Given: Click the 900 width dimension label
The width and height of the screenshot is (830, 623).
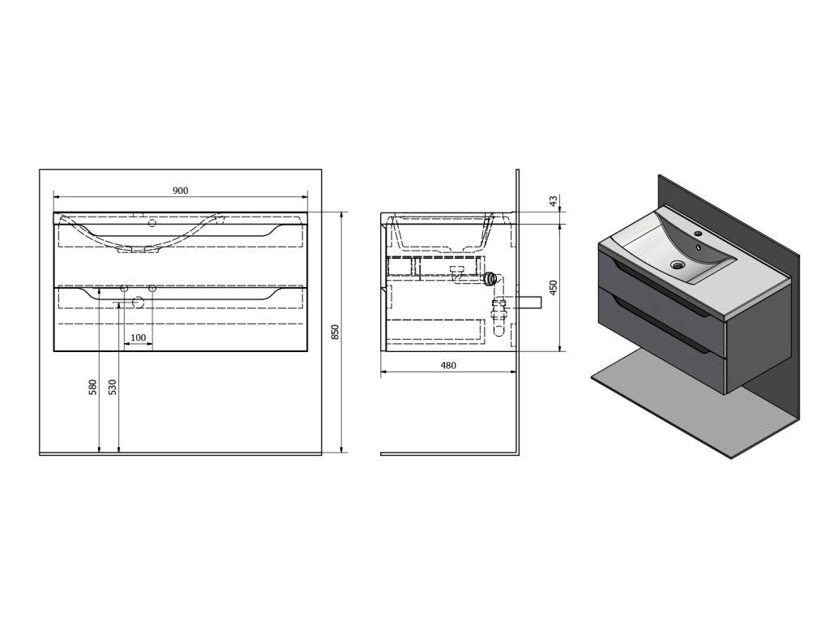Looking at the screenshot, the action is tap(180, 190).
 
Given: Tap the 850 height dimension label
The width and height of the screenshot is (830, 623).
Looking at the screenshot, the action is tap(335, 333).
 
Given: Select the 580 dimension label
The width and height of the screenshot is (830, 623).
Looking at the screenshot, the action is tap(93, 388).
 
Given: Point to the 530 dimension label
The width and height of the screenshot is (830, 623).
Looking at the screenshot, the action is tap(113, 388).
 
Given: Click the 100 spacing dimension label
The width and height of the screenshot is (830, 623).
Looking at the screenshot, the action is tap(138, 337).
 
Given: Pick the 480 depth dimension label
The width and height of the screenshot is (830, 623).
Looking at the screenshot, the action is tap(448, 365).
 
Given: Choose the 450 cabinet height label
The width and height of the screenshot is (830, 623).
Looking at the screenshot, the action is tap(554, 288).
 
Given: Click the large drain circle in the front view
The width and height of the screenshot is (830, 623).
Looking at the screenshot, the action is tap(138, 303).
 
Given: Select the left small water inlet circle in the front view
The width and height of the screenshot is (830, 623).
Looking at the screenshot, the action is tap(124, 289).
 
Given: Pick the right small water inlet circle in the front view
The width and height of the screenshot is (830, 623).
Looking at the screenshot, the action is tap(152, 289).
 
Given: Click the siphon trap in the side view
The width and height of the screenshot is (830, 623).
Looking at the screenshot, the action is tap(490, 278).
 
